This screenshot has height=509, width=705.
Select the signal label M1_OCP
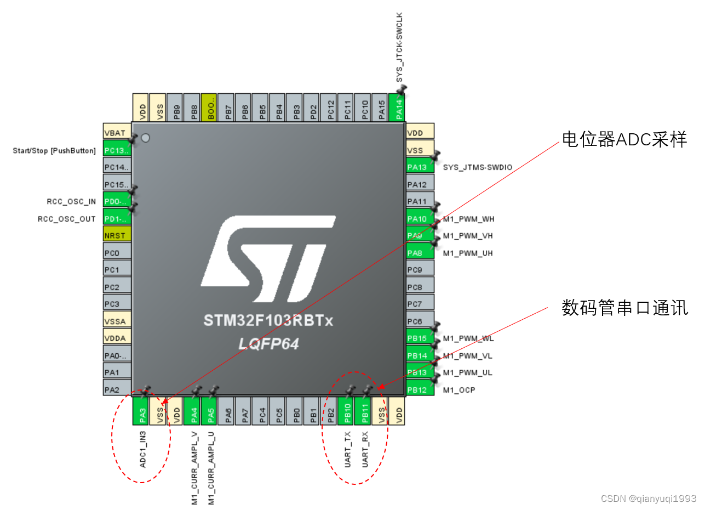pyautogui.click(x=459, y=390)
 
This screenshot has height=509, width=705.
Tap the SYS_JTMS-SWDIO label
pyautogui.click(x=478, y=167)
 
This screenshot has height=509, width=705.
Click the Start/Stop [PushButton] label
pyautogui.click(x=54, y=150)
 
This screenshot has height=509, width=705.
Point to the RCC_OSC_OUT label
pyautogui.click(x=67, y=219)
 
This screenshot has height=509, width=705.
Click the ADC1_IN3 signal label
pyautogui.click(x=143, y=449)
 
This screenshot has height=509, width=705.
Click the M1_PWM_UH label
pyautogui.click(x=468, y=253)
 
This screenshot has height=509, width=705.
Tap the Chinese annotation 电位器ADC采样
pyautogui.click(x=624, y=140)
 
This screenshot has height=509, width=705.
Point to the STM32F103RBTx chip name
pyautogui.click(x=268, y=320)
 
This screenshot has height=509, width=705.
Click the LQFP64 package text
pyautogui.click(x=268, y=344)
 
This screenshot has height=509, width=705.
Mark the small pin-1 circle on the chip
pyautogui.click(x=145, y=138)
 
